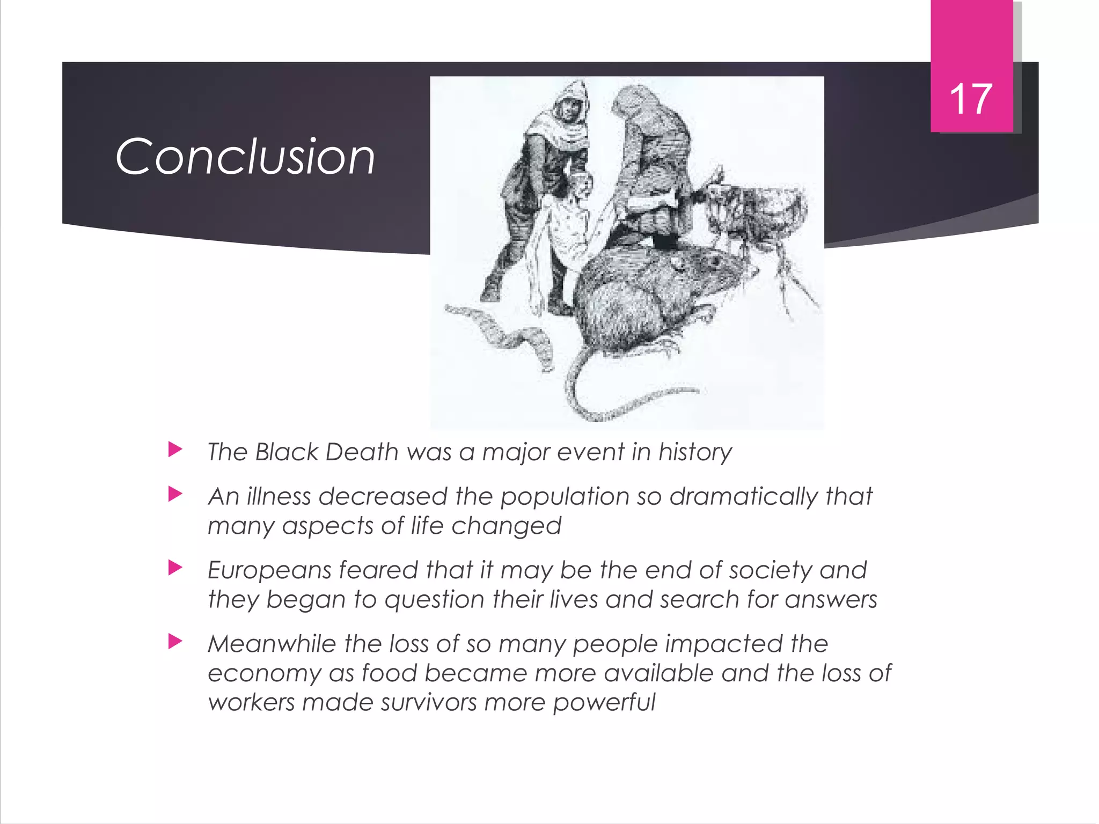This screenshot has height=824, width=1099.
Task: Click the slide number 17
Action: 971,99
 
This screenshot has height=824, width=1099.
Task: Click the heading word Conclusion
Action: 245,157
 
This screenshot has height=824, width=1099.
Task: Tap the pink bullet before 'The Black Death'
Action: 175,449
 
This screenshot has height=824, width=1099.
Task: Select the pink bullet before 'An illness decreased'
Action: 175,494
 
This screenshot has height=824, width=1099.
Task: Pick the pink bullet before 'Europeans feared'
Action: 175,567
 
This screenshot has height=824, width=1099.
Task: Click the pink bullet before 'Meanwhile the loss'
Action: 175,641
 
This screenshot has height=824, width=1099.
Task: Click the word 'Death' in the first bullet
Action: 362,452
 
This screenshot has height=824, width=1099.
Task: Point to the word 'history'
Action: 695,453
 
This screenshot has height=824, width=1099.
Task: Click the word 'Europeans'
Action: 269,571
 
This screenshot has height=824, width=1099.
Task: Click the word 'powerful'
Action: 604,703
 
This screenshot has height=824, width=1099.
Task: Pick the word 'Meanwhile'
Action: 272,644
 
